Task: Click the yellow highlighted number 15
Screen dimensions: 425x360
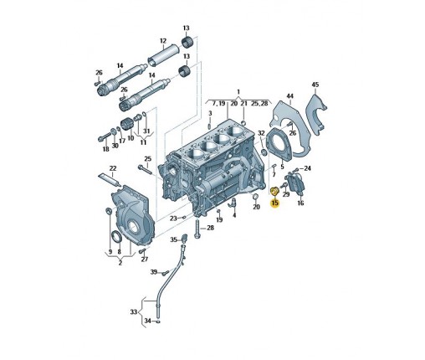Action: click(274, 203)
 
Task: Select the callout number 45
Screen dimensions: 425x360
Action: click(315, 85)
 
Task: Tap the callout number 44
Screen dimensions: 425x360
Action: click(290, 96)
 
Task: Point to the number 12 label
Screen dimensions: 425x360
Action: click(163, 41)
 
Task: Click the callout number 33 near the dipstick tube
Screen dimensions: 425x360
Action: click(134, 311)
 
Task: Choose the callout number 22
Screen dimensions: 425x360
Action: click(113, 168)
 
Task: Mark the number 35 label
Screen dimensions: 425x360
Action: click(174, 239)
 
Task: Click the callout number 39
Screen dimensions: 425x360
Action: click(154, 272)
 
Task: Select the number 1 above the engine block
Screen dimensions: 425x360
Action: click(238, 91)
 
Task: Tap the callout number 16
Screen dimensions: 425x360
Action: click(300, 203)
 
